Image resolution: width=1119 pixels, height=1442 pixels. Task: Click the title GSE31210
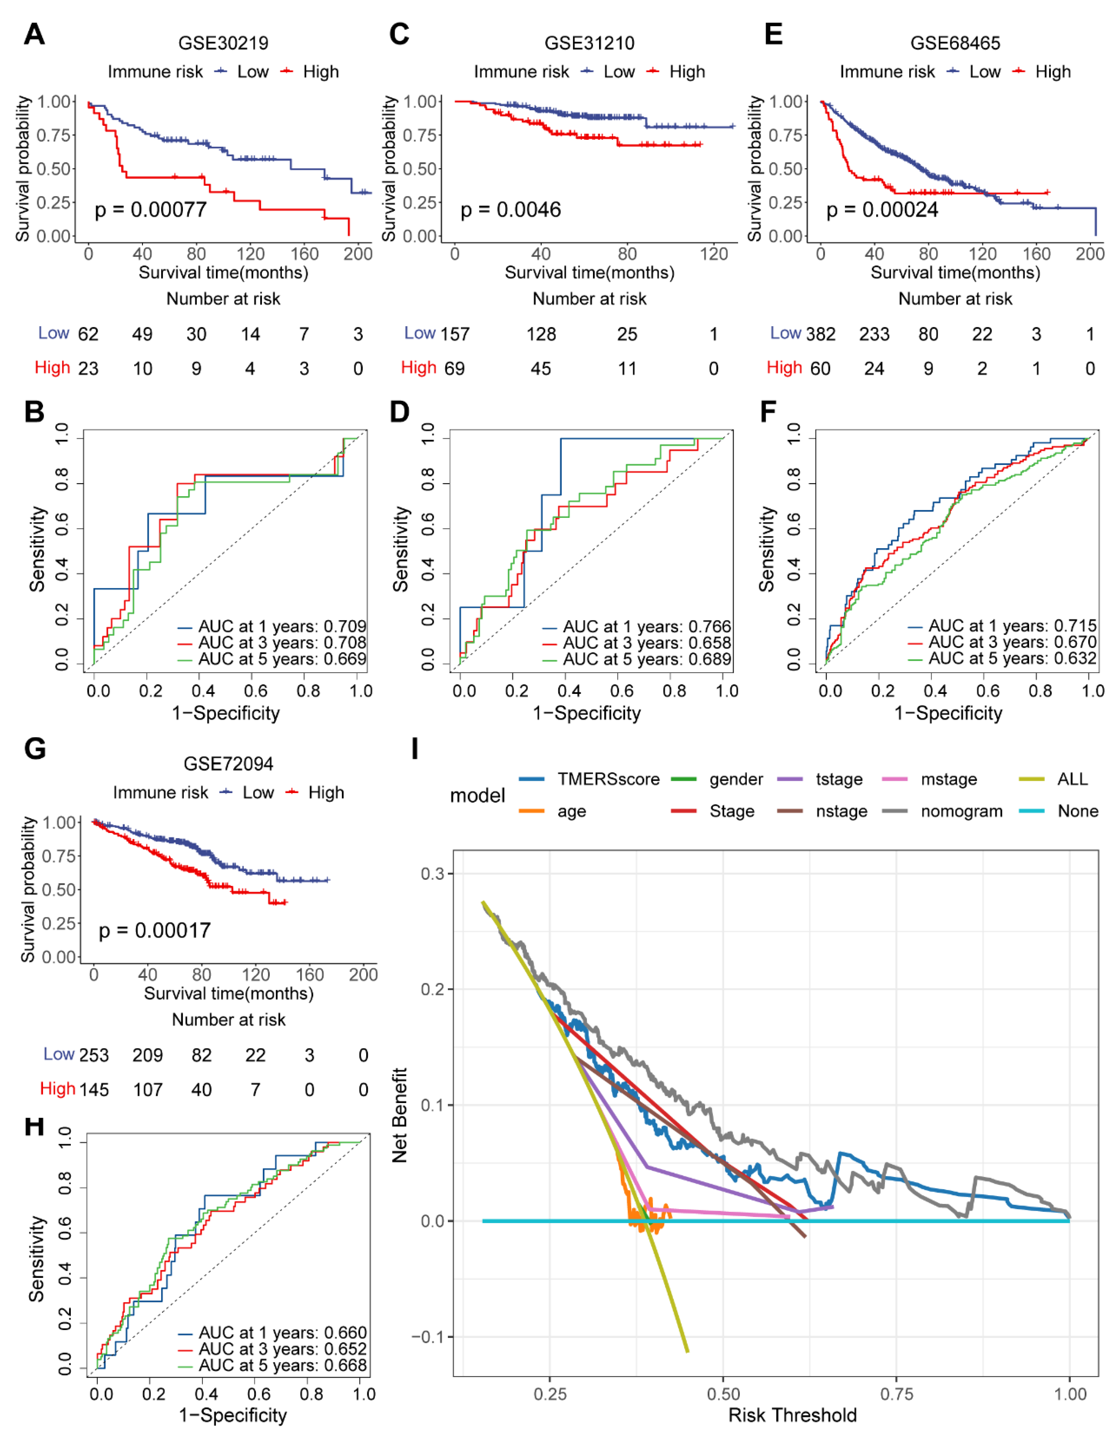[x=589, y=44]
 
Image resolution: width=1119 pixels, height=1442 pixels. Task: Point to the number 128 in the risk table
[x=541, y=334]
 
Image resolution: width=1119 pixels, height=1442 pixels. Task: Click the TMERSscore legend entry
[x=608, y=779]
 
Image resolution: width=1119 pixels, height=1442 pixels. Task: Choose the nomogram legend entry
[x=961, y=812]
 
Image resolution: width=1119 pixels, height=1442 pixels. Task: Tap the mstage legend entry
[x=949, y=779]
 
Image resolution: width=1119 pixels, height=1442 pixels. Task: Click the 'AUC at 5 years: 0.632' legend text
[x=1012, y=658]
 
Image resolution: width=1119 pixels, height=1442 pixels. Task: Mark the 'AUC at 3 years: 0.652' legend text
[x=282, y=1349]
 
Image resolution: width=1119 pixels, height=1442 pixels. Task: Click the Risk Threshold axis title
[x=792, y=1415]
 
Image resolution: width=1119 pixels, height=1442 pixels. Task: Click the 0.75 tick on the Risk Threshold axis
[x=896, y=1394]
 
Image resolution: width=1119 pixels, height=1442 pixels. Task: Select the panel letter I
[x=414, y=749]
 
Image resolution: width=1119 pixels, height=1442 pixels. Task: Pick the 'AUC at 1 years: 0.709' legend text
[x=282, y=626]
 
